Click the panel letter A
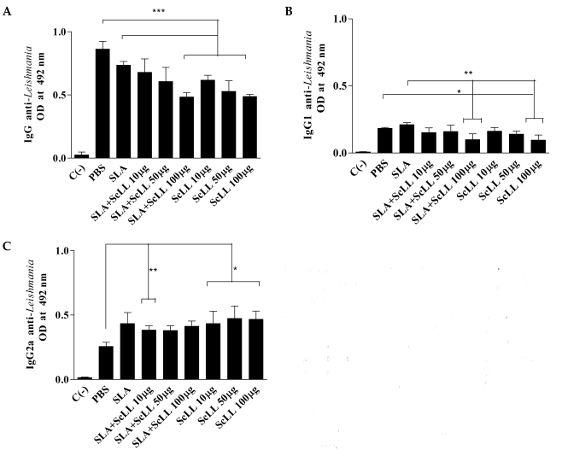[7, 9]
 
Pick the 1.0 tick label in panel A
[59, 32]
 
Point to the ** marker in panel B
[468, 74]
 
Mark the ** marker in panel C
[152, 271]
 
